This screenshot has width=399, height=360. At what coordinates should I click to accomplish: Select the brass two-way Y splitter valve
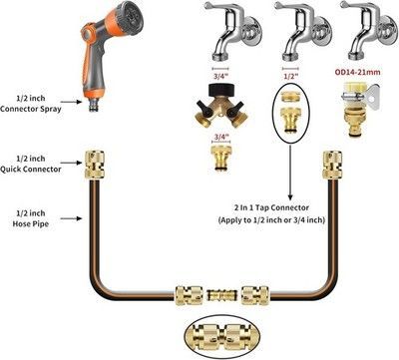pyautogui.click(x=221, y=106)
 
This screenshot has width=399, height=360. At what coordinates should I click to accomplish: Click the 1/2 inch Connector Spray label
pyautogui.click(x=31, y=104)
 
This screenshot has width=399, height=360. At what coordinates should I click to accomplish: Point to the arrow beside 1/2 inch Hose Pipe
pyautogui.click(x=71, y=218)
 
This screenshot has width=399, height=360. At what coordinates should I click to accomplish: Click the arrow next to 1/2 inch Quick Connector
pyautogui.click(x=71, y=163)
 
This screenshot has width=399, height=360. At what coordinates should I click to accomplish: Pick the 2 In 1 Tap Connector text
pyautogui.click(x=271, y=207)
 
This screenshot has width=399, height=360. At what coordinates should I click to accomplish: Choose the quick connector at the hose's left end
pyautogui.click(x=95, y=165)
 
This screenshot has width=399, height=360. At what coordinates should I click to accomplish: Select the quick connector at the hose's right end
pyautogui.click(x=332, y=165)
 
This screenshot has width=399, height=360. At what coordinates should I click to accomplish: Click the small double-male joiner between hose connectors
pyautogui.click(x=221, y=295)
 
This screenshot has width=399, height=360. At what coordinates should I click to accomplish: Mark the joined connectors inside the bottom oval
pyautogui.click(x=221, y=335)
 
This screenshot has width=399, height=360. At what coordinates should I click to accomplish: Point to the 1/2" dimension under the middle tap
pyautogui.click(x=290, y=76)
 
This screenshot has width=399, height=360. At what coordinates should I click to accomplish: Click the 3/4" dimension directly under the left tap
pyautogui.click(x=221, y=76)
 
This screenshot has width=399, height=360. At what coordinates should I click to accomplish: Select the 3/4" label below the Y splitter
pyautogui.click(x=221, y=137)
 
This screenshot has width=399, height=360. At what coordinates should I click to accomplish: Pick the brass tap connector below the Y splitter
pyautogui.click(x=221, y=158)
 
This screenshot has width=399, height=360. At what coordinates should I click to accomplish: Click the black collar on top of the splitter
pyautogui.click(x=221, y=91)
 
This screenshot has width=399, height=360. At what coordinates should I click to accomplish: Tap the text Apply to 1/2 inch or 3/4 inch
pyautogui.click(x=271, y=220)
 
